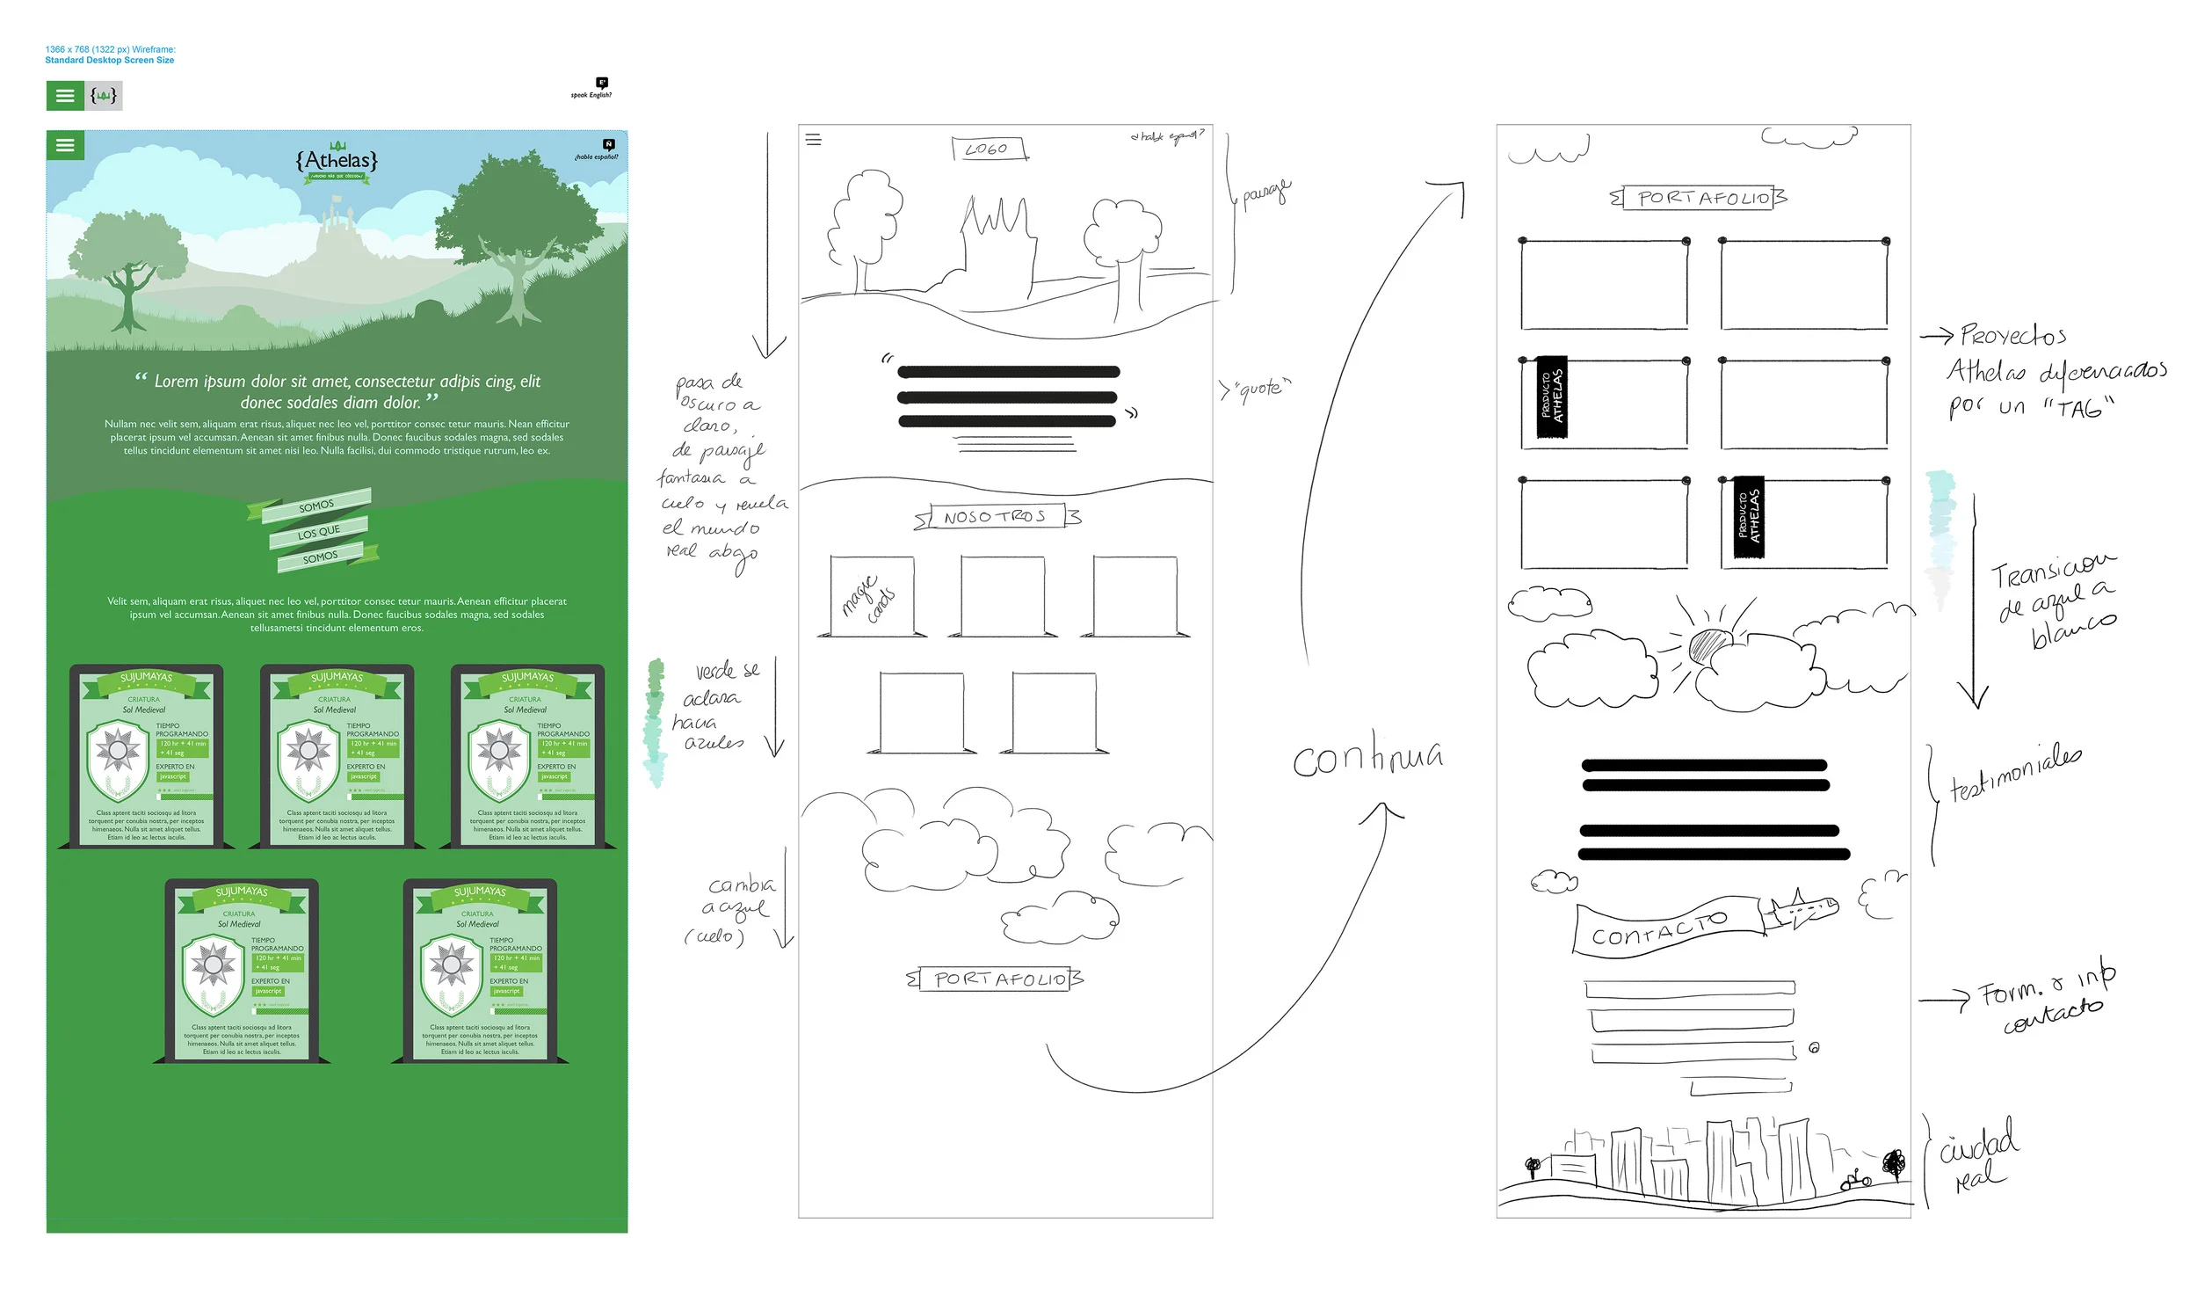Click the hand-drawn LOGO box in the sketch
[990, 149]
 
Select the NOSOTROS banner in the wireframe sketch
[996, 517]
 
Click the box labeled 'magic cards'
[871, 596]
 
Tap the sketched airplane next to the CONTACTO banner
[1802, 909]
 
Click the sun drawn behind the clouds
[1708, 646]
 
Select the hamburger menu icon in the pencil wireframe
[813, 140]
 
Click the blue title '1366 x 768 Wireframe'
[110, 55]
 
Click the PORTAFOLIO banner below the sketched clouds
[997, 979]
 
